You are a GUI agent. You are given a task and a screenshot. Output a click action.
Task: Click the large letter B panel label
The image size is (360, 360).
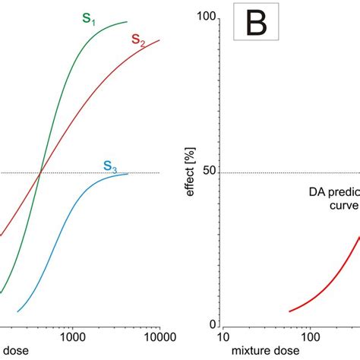(256, 24)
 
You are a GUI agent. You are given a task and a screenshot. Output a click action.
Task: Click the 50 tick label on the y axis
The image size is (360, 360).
(211, 172)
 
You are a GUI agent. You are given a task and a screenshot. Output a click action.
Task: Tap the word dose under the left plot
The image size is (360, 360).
(12, 352)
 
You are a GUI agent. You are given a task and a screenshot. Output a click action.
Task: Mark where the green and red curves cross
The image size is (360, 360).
(39, 173)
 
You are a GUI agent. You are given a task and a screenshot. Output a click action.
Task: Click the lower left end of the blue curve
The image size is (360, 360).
(18, 311)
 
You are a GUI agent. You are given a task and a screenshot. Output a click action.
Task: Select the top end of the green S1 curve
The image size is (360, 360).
(127, 22)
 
